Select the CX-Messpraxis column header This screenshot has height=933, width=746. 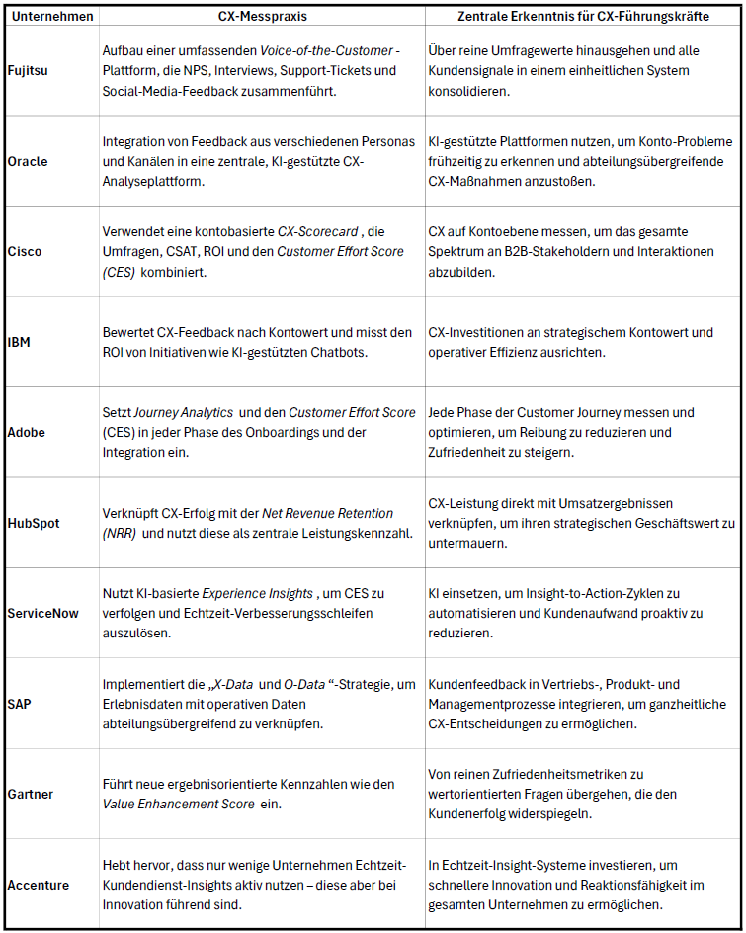coord(261,16)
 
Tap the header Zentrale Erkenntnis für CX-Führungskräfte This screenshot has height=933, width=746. coord(585,16)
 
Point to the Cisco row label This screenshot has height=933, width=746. coord(26,251)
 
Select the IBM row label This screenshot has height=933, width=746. coord(21,342)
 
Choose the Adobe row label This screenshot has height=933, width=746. coord(28,432)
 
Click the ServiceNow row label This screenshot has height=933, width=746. coord(43,613)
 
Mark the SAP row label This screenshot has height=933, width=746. coord(21,704)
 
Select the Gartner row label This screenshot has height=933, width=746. coord(32,794)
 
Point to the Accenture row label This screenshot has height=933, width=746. coord(40,885)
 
